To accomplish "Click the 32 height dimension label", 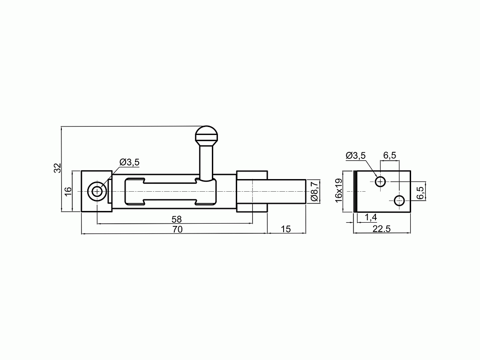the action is (x=58, y=168).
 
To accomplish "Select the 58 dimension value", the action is (x=177, y=219).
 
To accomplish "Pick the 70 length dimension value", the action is (x=178, y=229).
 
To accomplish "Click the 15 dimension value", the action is (x=285, y=229).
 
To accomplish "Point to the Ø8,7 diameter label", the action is (x=315, y=191).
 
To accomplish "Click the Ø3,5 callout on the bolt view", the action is (x=129, y=162).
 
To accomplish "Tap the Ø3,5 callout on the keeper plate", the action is (x=356, y=156).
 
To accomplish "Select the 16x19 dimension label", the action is (x=338, y=190).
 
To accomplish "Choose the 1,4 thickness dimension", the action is (x=371, y=217).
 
